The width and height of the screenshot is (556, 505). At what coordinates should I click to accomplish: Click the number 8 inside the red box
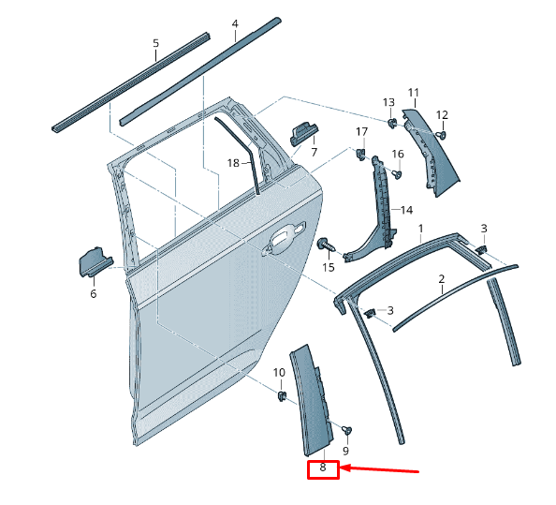[323, 467]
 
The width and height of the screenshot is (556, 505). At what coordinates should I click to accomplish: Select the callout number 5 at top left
[155, 43]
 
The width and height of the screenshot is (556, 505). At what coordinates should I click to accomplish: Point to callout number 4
[234, 23]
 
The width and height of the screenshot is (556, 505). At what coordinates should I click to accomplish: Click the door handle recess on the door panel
[284, 240]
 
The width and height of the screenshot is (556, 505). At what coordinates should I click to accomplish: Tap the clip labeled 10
[280, 396]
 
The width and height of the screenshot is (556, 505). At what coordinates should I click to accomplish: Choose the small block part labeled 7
[304, 133]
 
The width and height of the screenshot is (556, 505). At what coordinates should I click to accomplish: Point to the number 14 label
[407, 210]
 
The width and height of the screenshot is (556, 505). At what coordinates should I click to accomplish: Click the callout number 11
[413, 92]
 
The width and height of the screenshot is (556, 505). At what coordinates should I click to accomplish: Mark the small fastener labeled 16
[397, 173]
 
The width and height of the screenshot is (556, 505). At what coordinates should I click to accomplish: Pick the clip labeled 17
[361, 152]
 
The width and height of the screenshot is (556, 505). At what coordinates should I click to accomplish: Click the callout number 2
[441, 279]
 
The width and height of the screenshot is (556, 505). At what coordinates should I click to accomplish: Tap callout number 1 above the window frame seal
[420, 229]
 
